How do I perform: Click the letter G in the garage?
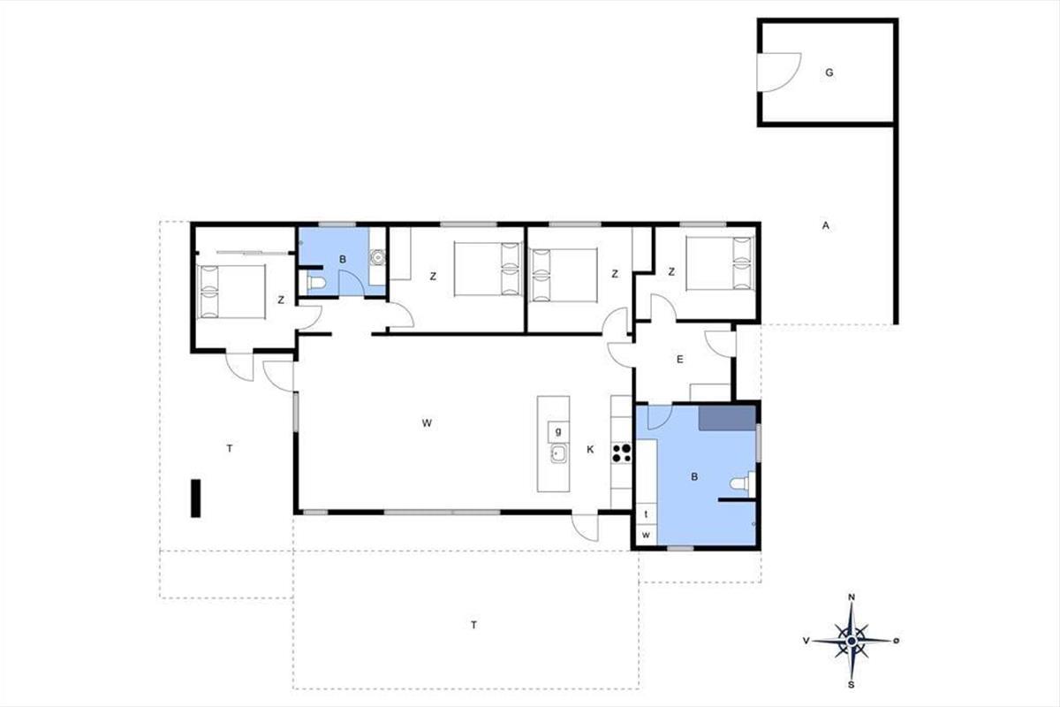[x=829, y=73]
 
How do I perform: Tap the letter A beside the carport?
[x=826, y=226]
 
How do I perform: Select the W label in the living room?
[x=427, y=422]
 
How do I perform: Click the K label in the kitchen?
[x=590, y=450]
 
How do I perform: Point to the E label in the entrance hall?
[x=680, y=360]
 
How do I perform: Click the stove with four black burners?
[x=622, y=452]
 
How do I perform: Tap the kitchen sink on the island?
[x=559, y=454]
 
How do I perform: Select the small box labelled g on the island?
[x=558, y=431]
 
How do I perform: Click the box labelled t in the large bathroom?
[x=646, y=514]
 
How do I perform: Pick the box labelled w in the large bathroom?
[x=646, y=535]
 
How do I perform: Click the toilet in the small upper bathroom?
[x=314, y=283]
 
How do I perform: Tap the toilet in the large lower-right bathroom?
[x=742, y=484]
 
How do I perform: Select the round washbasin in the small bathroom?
[x=378, y=257]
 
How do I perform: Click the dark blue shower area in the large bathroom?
[x=727, y=418]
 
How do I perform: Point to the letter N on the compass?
[x=852, y=597]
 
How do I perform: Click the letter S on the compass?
[x=851, y=685]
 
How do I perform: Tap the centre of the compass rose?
[x=852, y=642]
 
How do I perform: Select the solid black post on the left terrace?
[x=195, y=498]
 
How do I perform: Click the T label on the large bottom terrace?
[x=473, y=625]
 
